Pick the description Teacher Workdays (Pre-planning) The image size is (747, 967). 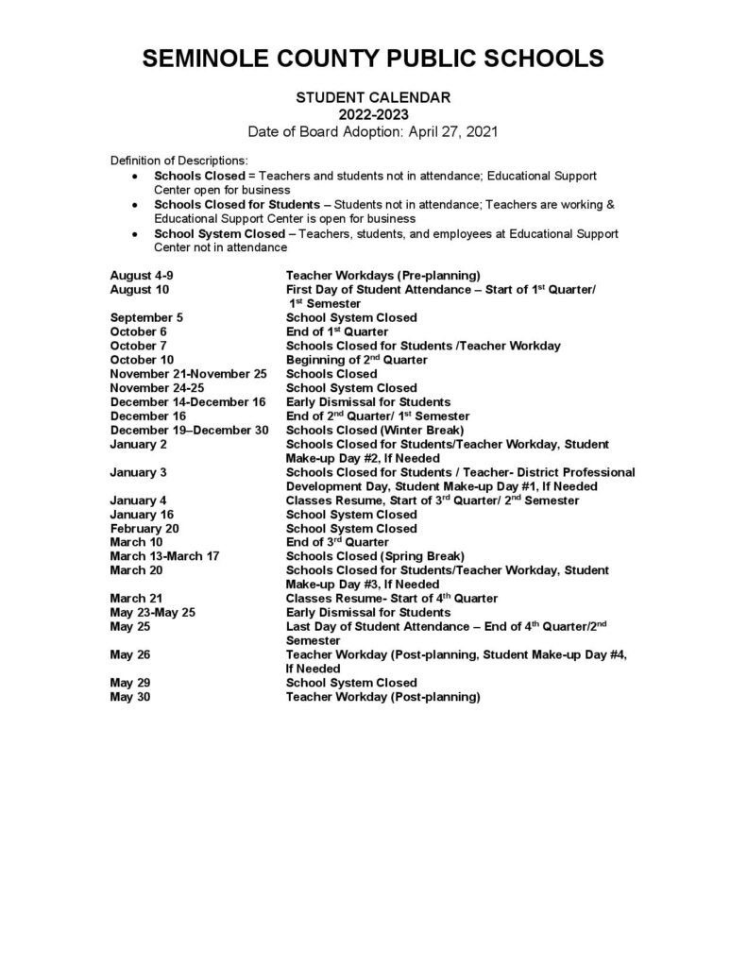(x=383, y=276)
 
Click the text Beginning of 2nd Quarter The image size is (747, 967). (x=356, y=360)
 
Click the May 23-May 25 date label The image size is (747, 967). (x=153, y=612)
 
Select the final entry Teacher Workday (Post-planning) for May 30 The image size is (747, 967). (x=383, y=697)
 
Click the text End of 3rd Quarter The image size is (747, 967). (x=337, y=542)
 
